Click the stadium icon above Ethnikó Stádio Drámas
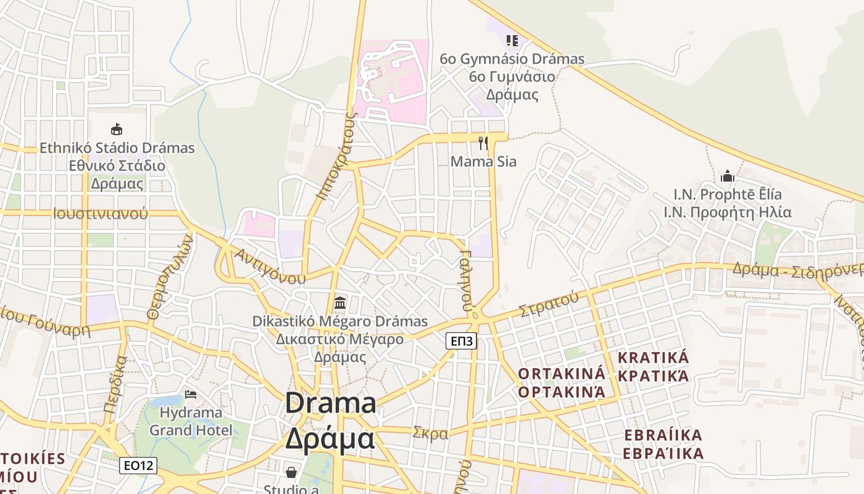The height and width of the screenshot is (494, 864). pyautogui.click(x=116, y=129)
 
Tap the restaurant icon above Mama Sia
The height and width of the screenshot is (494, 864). pyautogui.click(x=483, y=143)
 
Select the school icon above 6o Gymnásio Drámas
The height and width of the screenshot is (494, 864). pyautogui.click(x=512, y=41)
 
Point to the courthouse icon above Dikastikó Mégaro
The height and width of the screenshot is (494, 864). pyautogui.click(x=339, y=303)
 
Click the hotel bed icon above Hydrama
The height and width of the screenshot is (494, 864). pyautogui.click(x=191, y=394)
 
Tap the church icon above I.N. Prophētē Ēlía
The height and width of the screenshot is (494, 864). pyautogui.click(x=727, y=176)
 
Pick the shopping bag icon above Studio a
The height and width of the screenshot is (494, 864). pyautogui.click(x=291, y=472)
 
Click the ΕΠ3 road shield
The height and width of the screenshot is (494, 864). pyautogui.click(x=462, y=341)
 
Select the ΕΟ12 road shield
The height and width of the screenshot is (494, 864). pyautogui.click(x=138, y=466)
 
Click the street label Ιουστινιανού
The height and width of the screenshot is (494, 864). pyautogui.click(x=101, y=214)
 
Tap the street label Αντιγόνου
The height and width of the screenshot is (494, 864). pyautogui.click(x=270, y=266)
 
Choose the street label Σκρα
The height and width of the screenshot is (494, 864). pyautogui.click(x=430, y=433)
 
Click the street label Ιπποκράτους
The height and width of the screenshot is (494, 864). pyautogui.click(x=336, y=156)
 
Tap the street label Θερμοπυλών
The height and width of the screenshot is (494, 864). pyautogui.click(x=170, y=276)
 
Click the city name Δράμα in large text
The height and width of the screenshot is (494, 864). pyautogui.click(x=330, y=439)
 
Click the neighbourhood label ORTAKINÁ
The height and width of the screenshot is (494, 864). pyautogui.click(x=562, y=373)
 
